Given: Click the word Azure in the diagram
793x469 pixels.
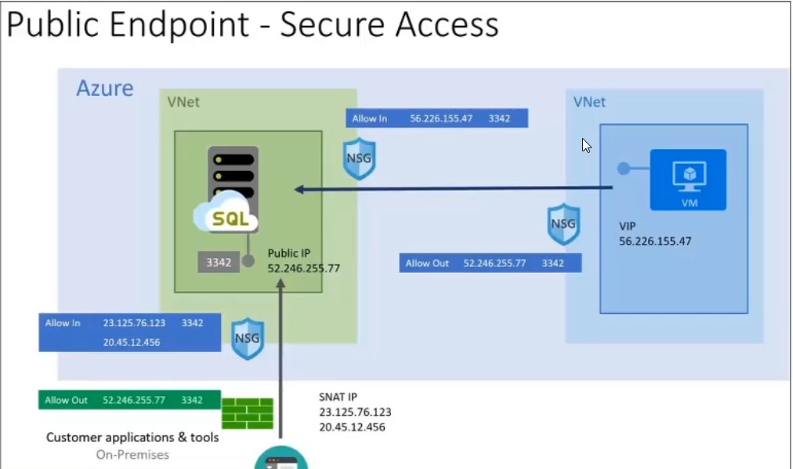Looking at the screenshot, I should point(105,88).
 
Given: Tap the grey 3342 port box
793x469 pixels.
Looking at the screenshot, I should point(219,263).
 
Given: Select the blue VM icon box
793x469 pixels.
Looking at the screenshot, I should point(688,180).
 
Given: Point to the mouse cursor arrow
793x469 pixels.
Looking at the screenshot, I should point(585,145).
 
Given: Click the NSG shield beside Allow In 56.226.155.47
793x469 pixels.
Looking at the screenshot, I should point(360,159).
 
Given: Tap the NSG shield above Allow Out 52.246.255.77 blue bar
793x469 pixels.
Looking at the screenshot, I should point(563,224).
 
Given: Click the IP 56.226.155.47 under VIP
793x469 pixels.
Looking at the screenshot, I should point(655,242).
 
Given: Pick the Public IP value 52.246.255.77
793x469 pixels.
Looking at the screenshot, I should point(303,268).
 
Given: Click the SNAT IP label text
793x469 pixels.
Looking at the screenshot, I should point(338,396).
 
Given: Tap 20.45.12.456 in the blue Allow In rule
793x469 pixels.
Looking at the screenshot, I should point(132,342).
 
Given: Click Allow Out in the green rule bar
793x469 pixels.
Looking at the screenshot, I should point(67,400).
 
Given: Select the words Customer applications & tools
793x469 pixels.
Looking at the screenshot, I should point(132,438).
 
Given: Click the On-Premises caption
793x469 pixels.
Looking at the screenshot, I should point(132,455).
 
